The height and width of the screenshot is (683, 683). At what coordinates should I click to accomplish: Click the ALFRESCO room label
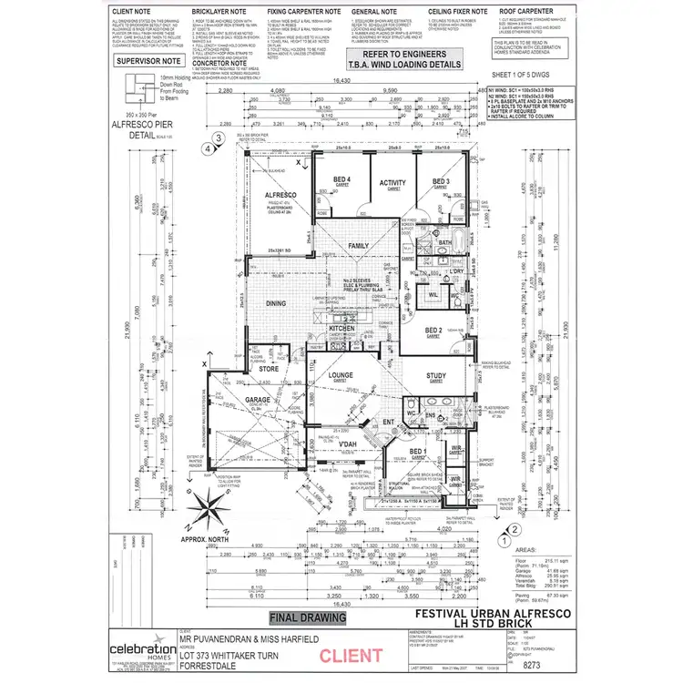276,194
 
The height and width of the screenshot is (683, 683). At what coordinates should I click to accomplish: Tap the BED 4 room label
341,179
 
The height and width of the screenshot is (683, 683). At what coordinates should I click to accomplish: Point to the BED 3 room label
441,180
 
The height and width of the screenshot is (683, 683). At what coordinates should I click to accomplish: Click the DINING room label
275,303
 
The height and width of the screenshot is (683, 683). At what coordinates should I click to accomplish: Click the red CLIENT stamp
345,653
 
